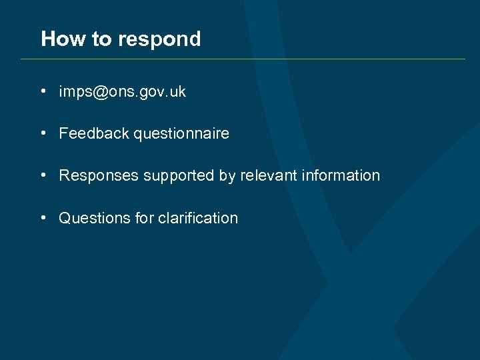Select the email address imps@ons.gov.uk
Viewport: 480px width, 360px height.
pos(123,92)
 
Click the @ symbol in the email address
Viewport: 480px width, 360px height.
pos(101,92)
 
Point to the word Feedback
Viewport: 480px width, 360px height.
pos(94,133)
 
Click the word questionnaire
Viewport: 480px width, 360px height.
pos(181,134)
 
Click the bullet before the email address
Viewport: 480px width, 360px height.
pos(43,91)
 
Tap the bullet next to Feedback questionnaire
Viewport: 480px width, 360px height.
pos(43,133)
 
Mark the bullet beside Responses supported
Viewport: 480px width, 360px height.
pos(43,175)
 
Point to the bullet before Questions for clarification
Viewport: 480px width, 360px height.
pos(43,217)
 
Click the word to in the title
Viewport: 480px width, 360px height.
pos(102,39)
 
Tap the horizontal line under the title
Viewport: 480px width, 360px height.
pos(243,59)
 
